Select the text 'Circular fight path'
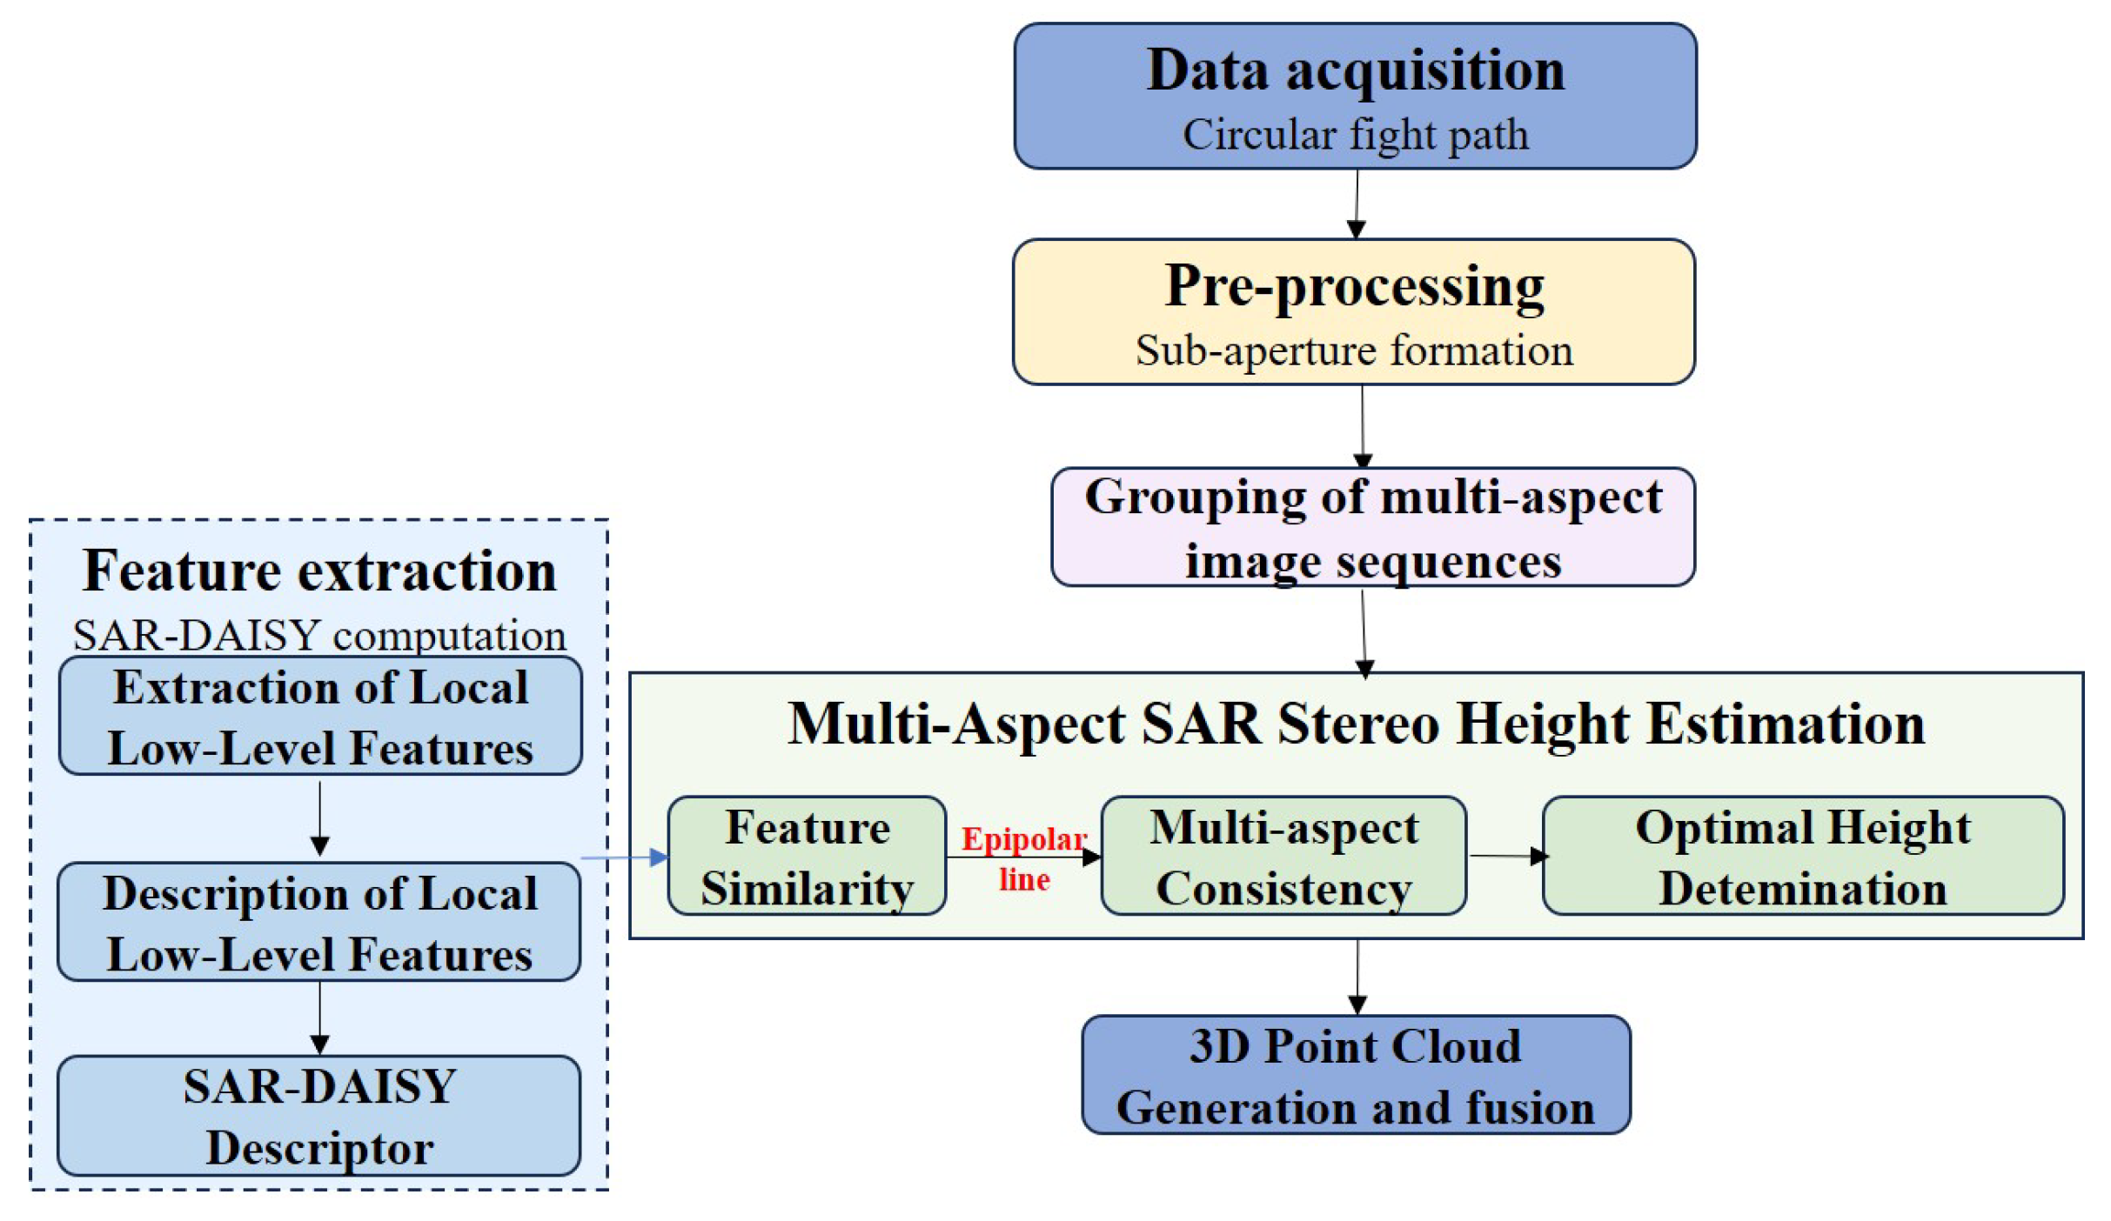(1354, 135)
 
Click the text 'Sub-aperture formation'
(1354, 351)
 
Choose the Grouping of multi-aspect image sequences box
(1372, 527)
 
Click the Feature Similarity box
(807, 857)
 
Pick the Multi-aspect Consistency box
(1283, 857)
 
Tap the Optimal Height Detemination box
(1802, 857)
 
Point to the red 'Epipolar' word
(1023, 839)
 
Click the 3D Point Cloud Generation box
(1355, 1075)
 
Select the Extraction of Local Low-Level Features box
(319, 717)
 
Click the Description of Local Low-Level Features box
(319, 922)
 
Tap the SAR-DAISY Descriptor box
(319, 1116)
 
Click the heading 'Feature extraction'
(319, 571)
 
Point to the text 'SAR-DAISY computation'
(319, 636)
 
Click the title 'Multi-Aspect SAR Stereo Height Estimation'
(1355, 724)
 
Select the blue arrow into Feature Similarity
(623, 858)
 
